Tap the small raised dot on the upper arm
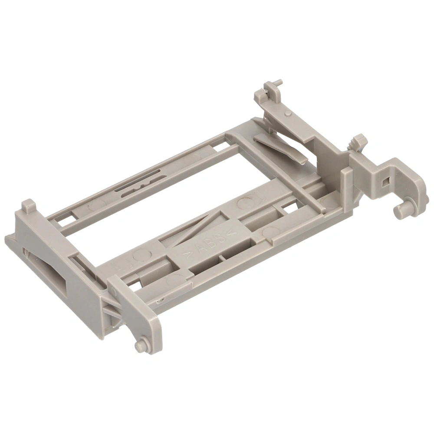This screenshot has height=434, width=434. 288,113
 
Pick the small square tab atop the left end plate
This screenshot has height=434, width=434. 29,206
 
